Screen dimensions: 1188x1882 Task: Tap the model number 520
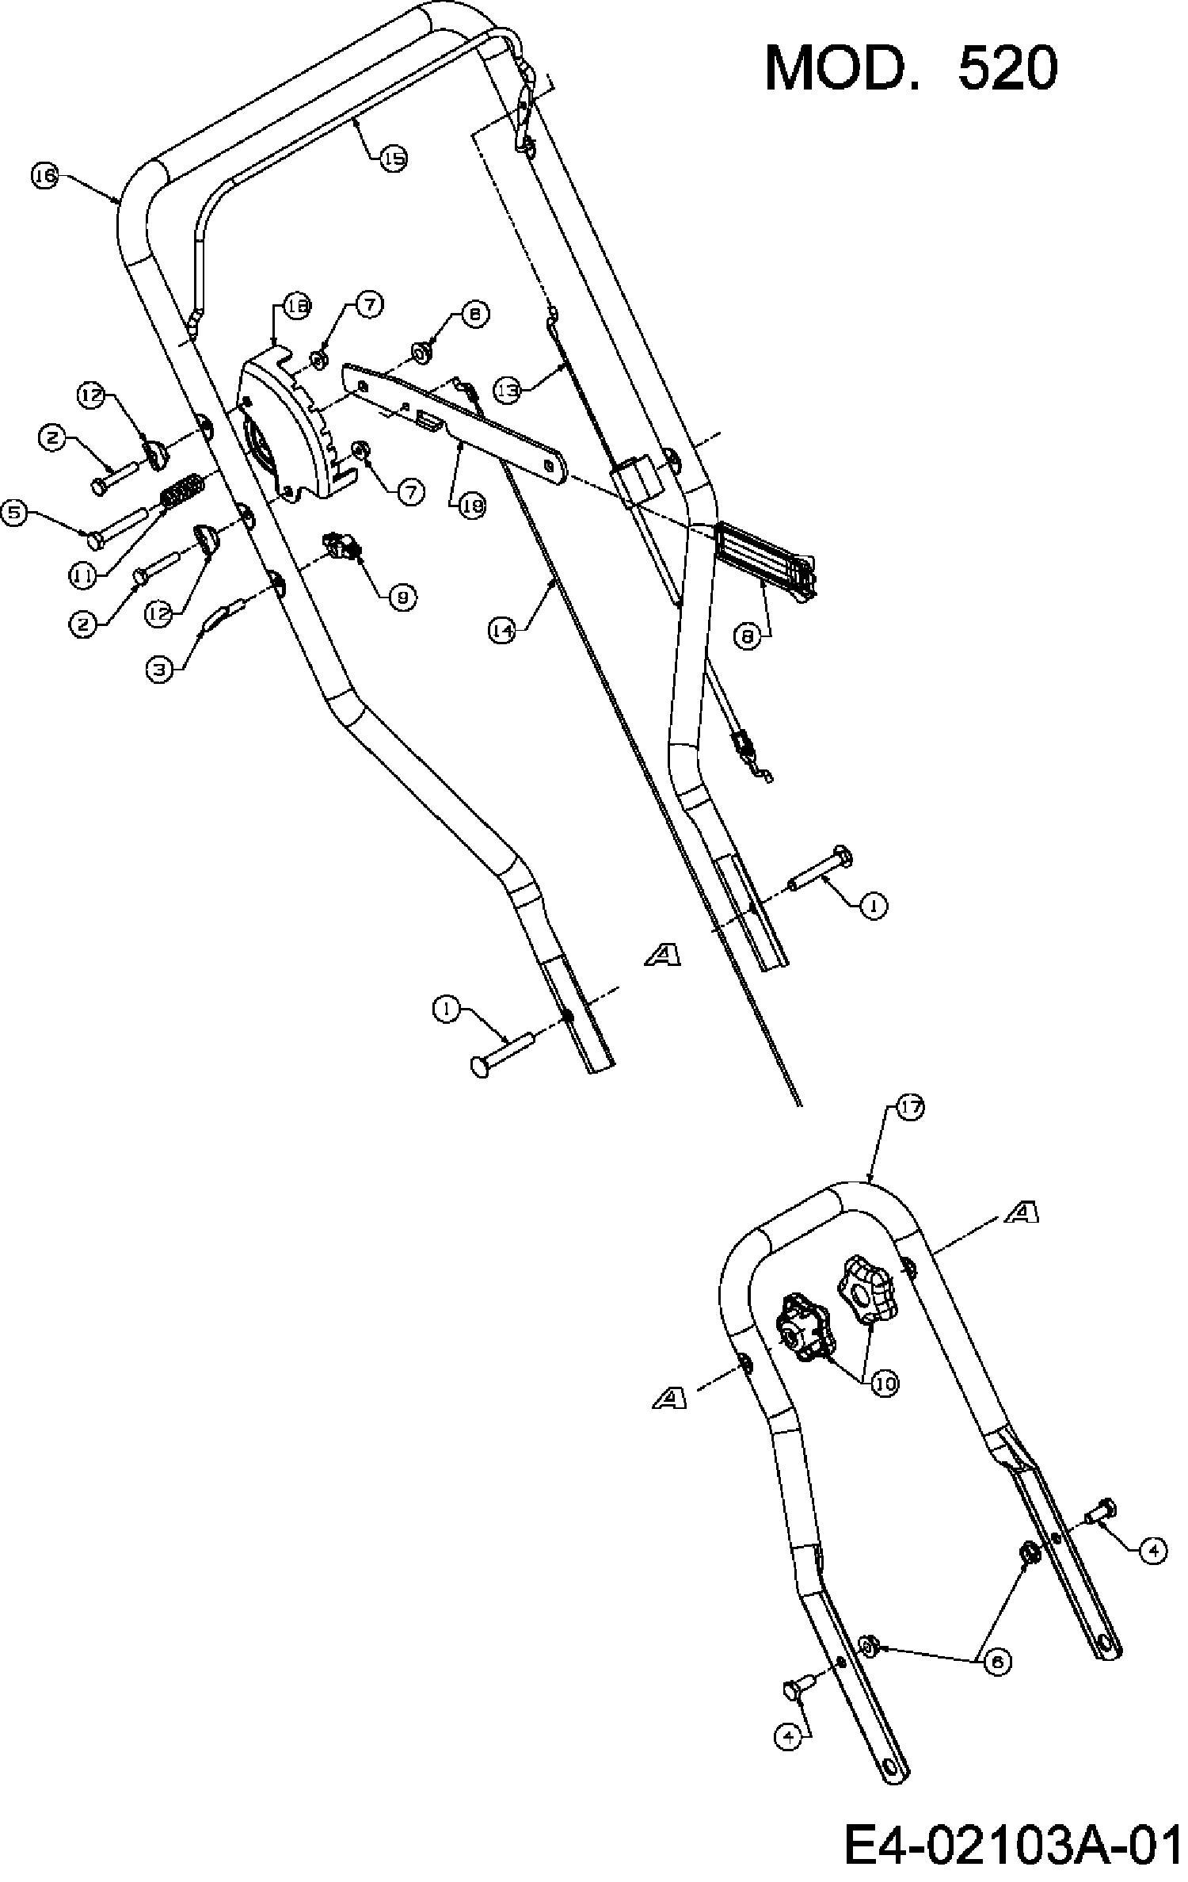(x=1007, y=68)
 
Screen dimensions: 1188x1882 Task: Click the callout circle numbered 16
(x=45, y=176)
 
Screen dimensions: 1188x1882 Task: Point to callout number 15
(x=393, y=158)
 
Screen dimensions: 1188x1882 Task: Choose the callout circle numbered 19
(x=473, y=506)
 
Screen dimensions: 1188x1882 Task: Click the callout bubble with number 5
(x=16, y=513)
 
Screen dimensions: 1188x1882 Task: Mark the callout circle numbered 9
(x=402, y=598)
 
